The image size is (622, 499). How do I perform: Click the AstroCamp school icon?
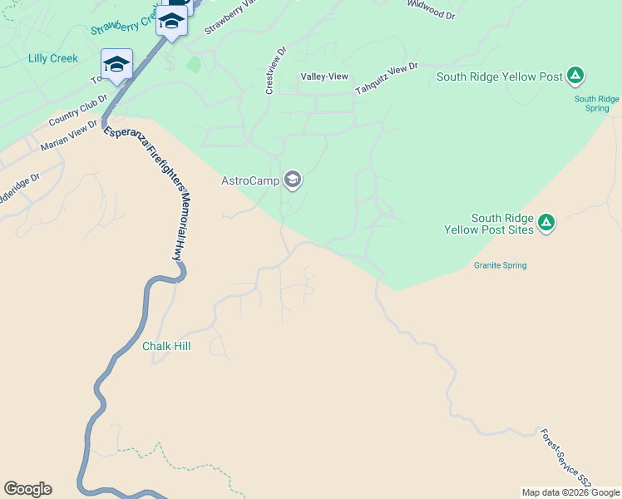pyautogui.click(x=292, y=180)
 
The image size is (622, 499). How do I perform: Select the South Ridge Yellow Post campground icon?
pyautogui.click(x=575, y=77)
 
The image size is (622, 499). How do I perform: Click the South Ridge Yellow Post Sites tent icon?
pyautogui.click(x=546, y=222)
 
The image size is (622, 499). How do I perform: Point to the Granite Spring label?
pyautogui.click(x=501, y=265)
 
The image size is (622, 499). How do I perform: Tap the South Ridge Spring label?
pyautogui.click(x=597, y=103)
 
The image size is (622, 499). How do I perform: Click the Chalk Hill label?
pyautogui.click(x=166, y=346)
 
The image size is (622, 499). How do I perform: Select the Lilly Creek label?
pyautogui.click(x=53, y=58)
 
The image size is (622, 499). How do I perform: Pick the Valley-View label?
pyautogui.click(x=324, y=77)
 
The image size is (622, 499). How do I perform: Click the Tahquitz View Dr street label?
pyautogui.click(x=386, y=79)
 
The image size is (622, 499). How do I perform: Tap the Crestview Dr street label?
pyautogui.click(x=275, y=70)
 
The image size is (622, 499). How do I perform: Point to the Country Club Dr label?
pyautogui.click(x=78, y=111)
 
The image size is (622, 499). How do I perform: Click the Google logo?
pyautogui.click(x=27, y=489)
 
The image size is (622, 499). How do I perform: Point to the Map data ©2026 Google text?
pyautogui.click(x=570, y=492)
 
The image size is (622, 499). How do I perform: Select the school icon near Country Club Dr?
pyautogui.click(x=116, y=65)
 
